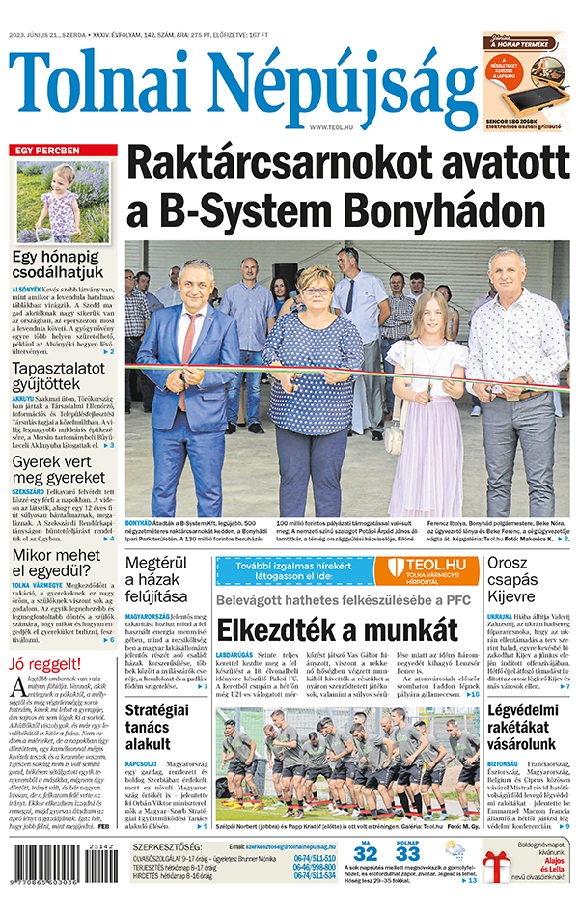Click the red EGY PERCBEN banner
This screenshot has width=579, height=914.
64,151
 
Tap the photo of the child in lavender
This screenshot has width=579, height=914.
63,202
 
